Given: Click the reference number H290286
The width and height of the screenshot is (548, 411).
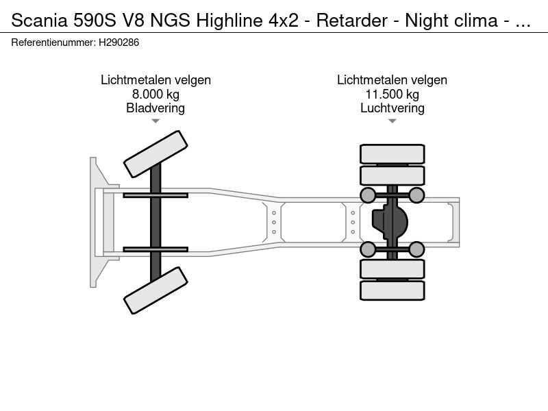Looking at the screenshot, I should coord(119,42).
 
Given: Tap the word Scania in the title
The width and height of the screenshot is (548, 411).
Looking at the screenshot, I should coord(38,21).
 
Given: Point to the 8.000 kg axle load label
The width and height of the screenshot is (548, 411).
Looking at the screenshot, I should coord(155,95).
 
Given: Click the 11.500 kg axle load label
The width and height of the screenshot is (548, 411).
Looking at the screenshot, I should coord(392,95).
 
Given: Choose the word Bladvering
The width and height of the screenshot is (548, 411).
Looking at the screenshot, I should coord(155,108).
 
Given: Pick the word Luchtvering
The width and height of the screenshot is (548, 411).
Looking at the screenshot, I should coord(392,108).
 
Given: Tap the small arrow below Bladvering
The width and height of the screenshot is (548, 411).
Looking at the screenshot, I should coord(155,121).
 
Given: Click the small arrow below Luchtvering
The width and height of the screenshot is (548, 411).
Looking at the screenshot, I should coord(392,121).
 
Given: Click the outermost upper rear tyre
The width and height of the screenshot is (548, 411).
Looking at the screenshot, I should coord(392,153).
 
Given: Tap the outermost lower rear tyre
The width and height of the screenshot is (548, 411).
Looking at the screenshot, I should coord(392,290).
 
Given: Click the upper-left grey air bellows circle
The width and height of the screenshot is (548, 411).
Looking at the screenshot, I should coord(368,196).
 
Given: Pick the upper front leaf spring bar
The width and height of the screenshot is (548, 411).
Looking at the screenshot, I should coord(155,195).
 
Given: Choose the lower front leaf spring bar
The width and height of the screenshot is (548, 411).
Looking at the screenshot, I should coord(155,249).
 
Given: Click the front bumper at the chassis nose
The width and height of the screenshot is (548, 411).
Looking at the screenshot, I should coord(95,222).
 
